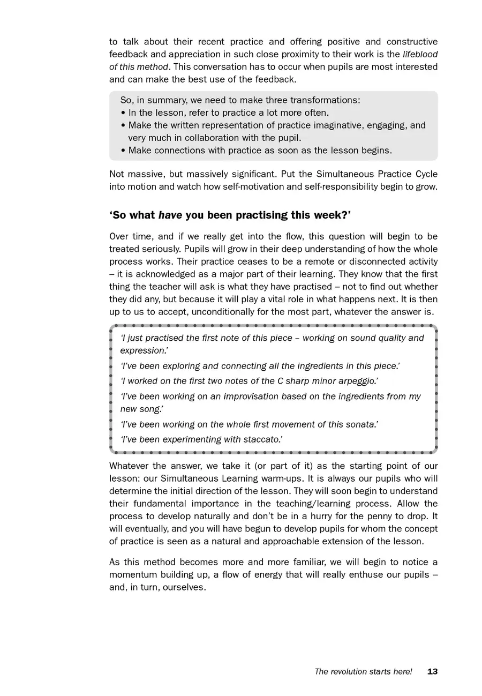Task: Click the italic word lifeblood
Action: click(x=420, y=54)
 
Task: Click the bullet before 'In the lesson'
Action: click(x=123, y=113)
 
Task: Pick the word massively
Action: click(x=204, y=175)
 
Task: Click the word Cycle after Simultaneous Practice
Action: click(x=425, y=175)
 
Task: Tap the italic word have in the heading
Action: click(x=169, y=215)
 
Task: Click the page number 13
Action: click(x=432, y=672)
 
